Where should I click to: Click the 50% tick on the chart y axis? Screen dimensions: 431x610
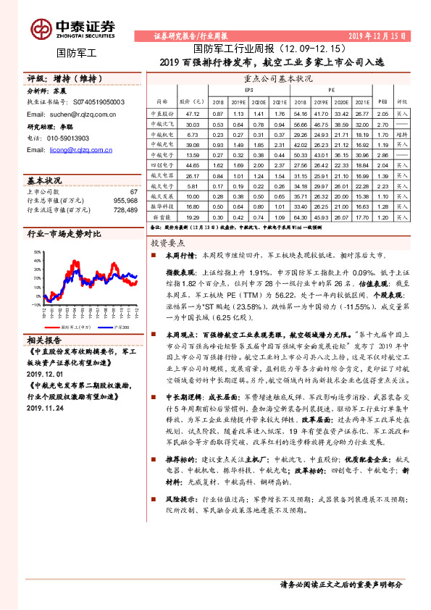(37, 252)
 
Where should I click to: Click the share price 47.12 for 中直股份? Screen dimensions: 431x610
(193, 114)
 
